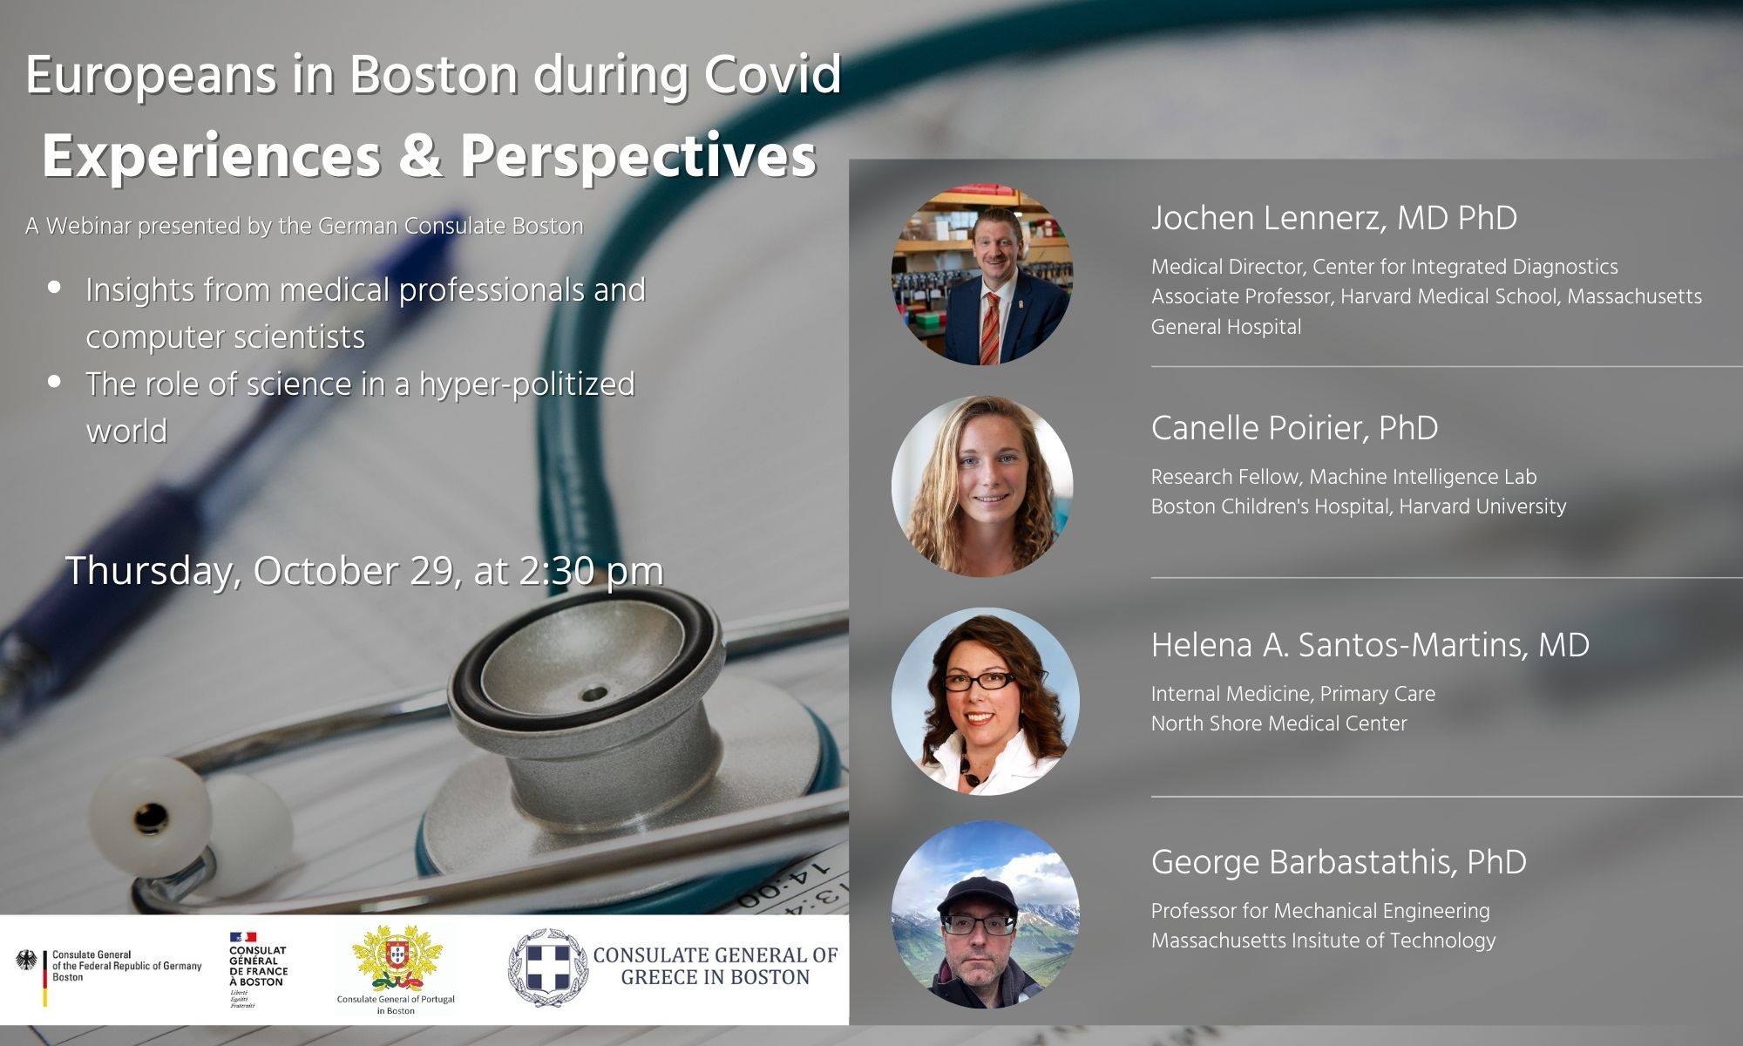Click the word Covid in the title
[x=772, y=75]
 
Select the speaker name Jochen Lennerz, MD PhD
[x=1333, y=218]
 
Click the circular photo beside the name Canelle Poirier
[x=982, y=486]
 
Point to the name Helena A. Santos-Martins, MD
[x=1370, y=645]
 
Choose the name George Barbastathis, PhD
[x=1339, y=862]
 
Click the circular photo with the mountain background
[x=985, y=914]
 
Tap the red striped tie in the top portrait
[x=990, y=328]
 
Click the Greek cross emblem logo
[x=548, y=968]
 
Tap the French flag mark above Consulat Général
[x=242, y=938]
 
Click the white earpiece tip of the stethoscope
[x=148, y=815]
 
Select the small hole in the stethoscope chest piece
[x=593, y=694]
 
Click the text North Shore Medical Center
[x=1278, y=723]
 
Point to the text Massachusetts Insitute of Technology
[x=1323, y=941]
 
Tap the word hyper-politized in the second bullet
[x=527, y=384]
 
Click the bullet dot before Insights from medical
[x=55, y=286]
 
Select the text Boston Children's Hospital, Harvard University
[x=1359, y=506]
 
